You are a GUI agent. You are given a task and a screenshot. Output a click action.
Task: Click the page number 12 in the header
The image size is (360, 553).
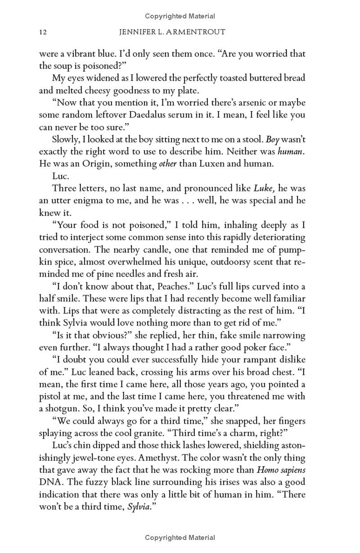tap(43, 32)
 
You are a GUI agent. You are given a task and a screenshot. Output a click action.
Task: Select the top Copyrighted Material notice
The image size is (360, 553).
tap(180, 16)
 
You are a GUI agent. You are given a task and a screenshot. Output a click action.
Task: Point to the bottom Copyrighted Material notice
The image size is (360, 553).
tap(180, 537)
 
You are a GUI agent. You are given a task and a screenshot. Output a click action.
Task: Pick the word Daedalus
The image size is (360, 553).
tap(151, 115)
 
